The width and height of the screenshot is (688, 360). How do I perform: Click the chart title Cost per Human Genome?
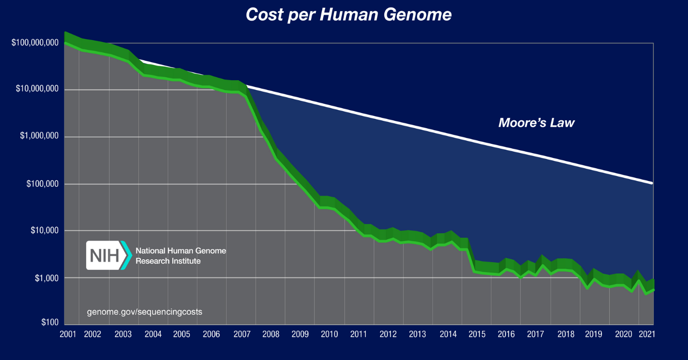[348, 15]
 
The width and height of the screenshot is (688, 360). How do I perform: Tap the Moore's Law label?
[536, 123]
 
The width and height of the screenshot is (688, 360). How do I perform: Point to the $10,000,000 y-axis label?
[37, 90]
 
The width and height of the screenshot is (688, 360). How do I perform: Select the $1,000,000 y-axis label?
[39, 136]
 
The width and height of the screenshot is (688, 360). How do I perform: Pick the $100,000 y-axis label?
[42, 184]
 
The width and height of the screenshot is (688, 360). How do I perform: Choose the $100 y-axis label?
[49, 322]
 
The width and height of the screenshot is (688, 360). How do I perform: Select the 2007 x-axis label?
[242, 335]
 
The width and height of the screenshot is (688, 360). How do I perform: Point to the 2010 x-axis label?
[329, 335]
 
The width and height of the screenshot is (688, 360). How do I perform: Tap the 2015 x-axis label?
[477, 335]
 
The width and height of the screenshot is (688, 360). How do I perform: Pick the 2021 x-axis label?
[646, 335]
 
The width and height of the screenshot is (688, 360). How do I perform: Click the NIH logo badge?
[109, 255]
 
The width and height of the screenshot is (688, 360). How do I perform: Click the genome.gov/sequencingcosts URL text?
[144, 312]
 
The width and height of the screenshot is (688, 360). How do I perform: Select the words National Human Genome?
[180, 250]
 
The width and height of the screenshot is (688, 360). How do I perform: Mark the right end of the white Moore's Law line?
[652, 183]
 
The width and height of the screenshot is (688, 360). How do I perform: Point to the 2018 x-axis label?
[566, 335]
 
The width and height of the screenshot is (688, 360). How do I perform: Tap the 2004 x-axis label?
[153, 335]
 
